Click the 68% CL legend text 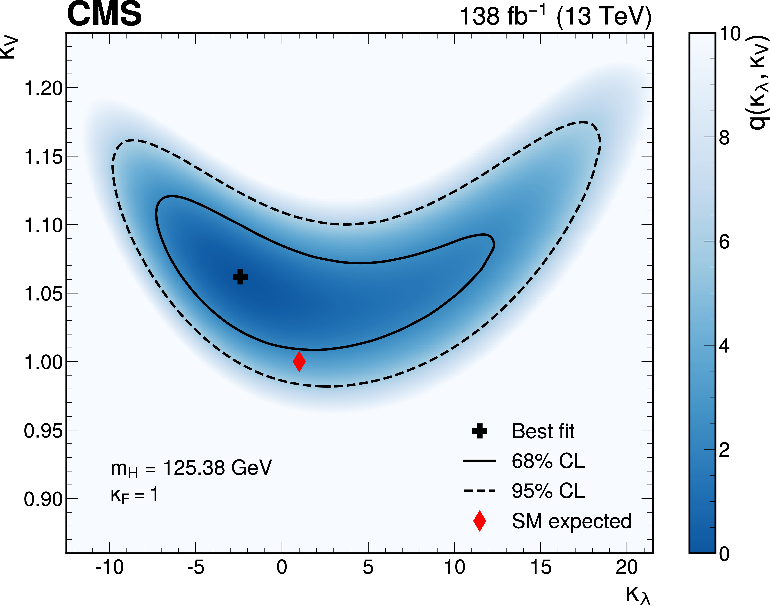(548, 461)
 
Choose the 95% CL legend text (548, 491)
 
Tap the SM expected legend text (571, 521)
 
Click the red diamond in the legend (480, 521)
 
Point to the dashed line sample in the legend (480, 491)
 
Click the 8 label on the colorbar (724, 137)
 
